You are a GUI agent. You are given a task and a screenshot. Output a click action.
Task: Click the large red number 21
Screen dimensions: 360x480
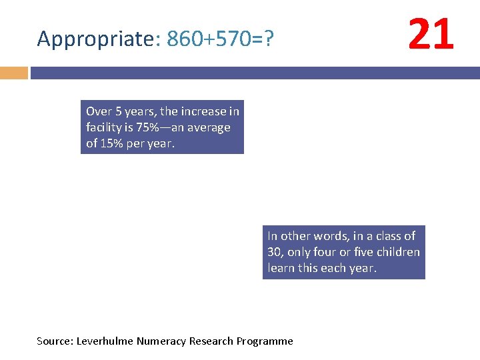click(x=431, y=35)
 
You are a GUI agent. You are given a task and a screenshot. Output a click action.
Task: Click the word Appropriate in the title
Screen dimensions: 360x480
click(x=95, y=40)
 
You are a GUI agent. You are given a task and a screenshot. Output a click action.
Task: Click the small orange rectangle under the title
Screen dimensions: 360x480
click(x=13, y=72)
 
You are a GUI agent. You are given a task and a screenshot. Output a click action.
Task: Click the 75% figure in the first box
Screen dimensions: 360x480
click(x=147, y=127)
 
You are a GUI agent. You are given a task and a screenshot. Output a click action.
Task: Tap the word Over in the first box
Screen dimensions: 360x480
click(x=99, y=111)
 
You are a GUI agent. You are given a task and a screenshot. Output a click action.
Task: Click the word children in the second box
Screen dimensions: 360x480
click(x=398, y=252)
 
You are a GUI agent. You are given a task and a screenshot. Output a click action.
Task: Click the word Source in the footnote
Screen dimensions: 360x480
click(x=55, y=341)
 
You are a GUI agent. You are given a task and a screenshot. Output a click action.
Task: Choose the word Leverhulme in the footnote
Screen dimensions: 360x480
click(x=105, y=341)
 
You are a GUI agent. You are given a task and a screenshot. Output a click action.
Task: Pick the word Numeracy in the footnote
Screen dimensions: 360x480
click(x=161, y=341)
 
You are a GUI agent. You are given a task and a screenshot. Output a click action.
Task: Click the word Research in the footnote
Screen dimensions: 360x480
click(x=210, y=341)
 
